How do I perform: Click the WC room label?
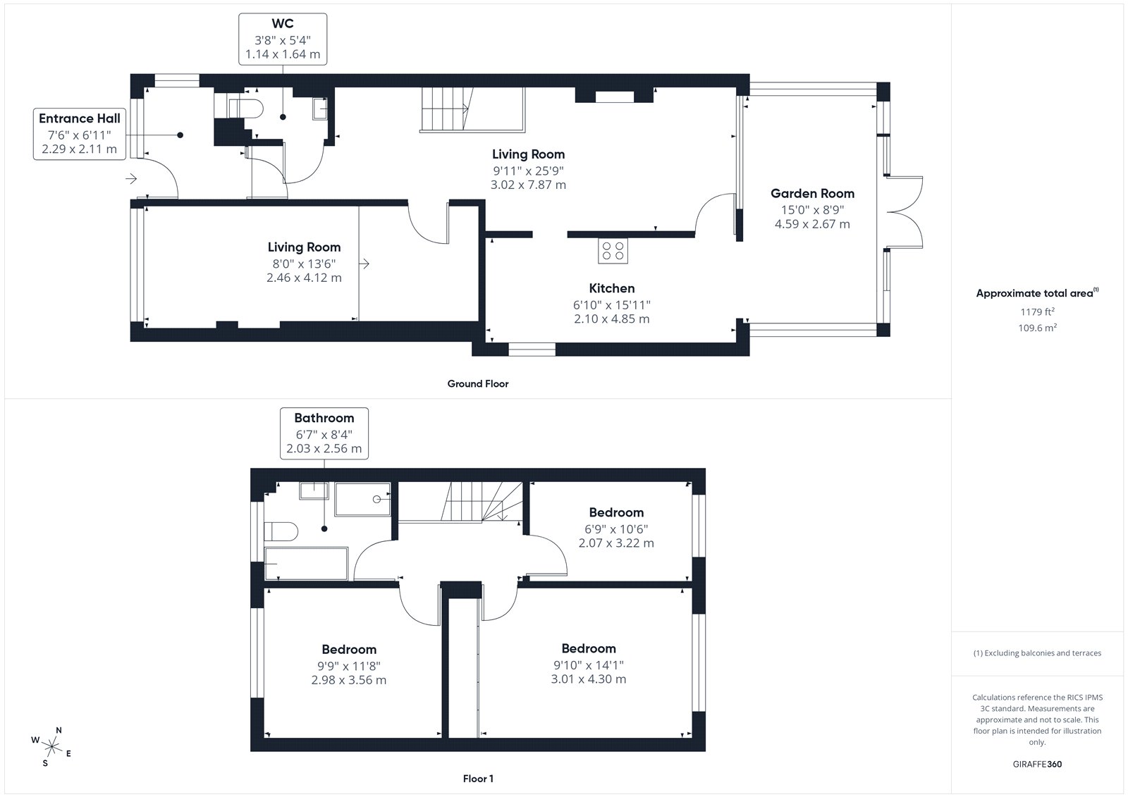pyautogui.click(x=283, y=24)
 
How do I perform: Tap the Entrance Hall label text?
pyautogui.click(x=80, y=118)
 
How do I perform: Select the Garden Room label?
pyautogui.click(x=812, y=193)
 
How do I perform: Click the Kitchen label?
pyautogui.click(x=612, y=288)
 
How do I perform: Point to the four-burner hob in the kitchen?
pyautogui.click(x=613, y=251)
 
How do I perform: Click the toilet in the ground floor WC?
pyautogui.click(x=246, y=109)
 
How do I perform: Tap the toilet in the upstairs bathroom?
pyautogui.click(x=281, y=531)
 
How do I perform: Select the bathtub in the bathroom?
pyautogui.click(x=306, y=564)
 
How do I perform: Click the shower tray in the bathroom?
pyautogui.click(x=362, y=500)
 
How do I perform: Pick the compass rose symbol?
pyautogui.click(x=51, y=747)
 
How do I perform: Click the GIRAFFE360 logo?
pyautogui.click(x=1037, y=764)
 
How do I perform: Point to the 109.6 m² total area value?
pyautogui.click(x=1037, y=328)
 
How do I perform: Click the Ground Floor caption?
pyautogui.click(x=478, y=383)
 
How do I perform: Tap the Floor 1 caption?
pyautogui.click(x=478, y=779)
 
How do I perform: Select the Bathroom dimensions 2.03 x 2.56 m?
pyautogui.click(x=324, y=449)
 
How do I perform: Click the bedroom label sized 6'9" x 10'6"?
pyautogui.click(x=616, y=512)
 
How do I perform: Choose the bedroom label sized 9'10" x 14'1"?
pyautogui.click(x=589, y=648)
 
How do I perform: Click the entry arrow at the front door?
pyautogui.click(x=131, y=179)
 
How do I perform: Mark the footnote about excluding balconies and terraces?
pyautogui.click(x=1037, y=653)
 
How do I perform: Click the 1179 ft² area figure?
pyautogui.click(x=1037, y=311)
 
